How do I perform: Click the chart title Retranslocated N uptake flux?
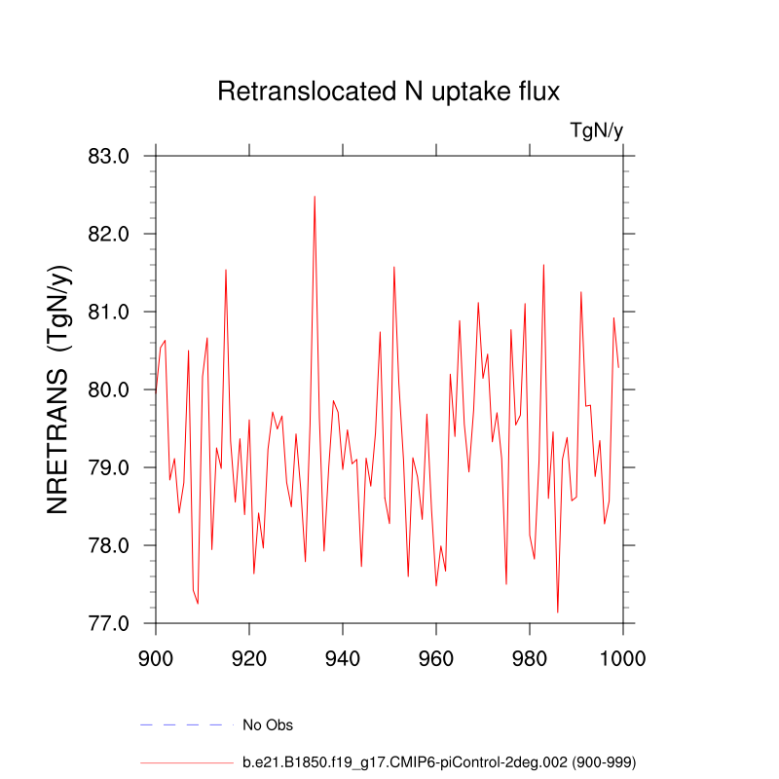point(389,93)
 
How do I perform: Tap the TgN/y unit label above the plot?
point(596,130)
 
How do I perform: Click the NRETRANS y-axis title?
point(60,389)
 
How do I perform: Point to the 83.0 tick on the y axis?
point(109,156)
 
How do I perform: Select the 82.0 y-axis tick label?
point(109,234)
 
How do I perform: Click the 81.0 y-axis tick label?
point(109,312)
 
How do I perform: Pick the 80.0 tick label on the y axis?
point(109,389)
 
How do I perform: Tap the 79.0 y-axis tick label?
point(109,467)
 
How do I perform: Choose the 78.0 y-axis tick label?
point(109,545)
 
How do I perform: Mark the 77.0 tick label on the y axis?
point(109,623)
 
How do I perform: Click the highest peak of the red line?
point(315,197)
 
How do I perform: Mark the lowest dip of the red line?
point(558,612)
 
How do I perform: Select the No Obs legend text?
point(268,725)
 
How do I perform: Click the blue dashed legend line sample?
point(187,725)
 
